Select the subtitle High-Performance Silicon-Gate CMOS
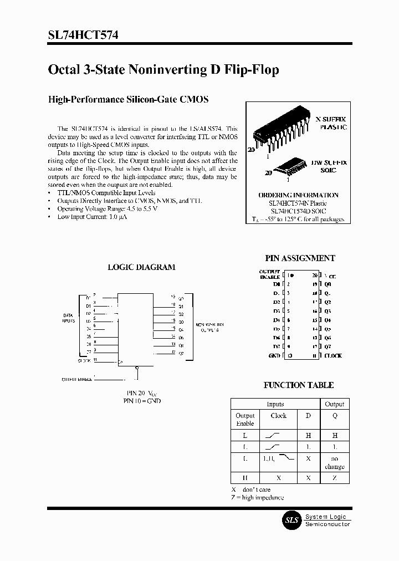(x=129, y=100)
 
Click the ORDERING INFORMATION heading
(x=298, y=195)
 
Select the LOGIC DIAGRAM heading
(x=141, y=267)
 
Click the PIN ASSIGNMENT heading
(x=300, y=258)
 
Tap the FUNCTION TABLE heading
(x=298, y=385)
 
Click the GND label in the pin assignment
(x=274, y=355)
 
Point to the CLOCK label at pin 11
(x=333, y=355)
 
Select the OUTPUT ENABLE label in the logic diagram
(x=77, y=379)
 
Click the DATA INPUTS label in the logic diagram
(x=68, y=318)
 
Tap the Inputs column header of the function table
(x=275, y=404)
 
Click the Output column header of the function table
(x=334, y=404)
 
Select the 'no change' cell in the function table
(x=334, y=462)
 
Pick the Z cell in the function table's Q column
(x=334, y=478)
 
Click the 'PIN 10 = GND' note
(x=142, y=400)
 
